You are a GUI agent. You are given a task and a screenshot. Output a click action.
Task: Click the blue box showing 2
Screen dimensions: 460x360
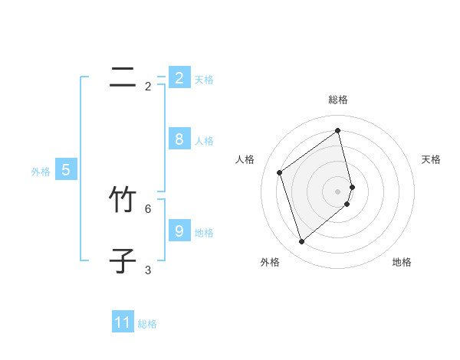[179, 77]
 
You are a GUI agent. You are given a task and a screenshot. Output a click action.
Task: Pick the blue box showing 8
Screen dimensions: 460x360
[179, 139]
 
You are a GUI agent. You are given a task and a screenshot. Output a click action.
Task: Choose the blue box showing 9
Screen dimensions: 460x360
[179, 231]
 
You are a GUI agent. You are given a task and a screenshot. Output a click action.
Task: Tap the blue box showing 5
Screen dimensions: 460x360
[65, 170]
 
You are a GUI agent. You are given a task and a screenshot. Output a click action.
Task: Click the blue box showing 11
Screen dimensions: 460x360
[123, 322]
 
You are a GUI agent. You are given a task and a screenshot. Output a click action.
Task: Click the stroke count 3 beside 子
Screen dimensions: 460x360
[148, 270]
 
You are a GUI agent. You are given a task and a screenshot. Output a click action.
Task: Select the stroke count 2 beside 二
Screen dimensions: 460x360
[148, 87]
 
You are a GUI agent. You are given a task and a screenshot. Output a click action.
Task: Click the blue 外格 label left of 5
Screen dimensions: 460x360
[41, 172]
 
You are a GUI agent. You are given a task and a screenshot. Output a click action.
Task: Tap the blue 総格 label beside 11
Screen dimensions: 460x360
[147, 324]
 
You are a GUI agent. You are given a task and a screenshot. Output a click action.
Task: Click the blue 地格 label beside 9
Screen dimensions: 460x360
[204, 232]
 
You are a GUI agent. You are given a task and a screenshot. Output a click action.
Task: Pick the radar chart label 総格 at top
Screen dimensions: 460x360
[338, 100]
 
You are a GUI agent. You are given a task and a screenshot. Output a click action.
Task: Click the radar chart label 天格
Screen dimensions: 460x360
[432, 159]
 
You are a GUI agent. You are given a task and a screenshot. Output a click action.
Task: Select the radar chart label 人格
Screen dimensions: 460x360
[245, 159]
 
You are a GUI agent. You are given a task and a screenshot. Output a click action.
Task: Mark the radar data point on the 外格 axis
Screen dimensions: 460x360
[301, 242]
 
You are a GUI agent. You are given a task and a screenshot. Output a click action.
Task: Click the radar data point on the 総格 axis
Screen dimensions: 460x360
[338, 130]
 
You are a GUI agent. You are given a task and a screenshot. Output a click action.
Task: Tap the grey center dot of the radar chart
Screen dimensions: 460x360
[338, 191]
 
